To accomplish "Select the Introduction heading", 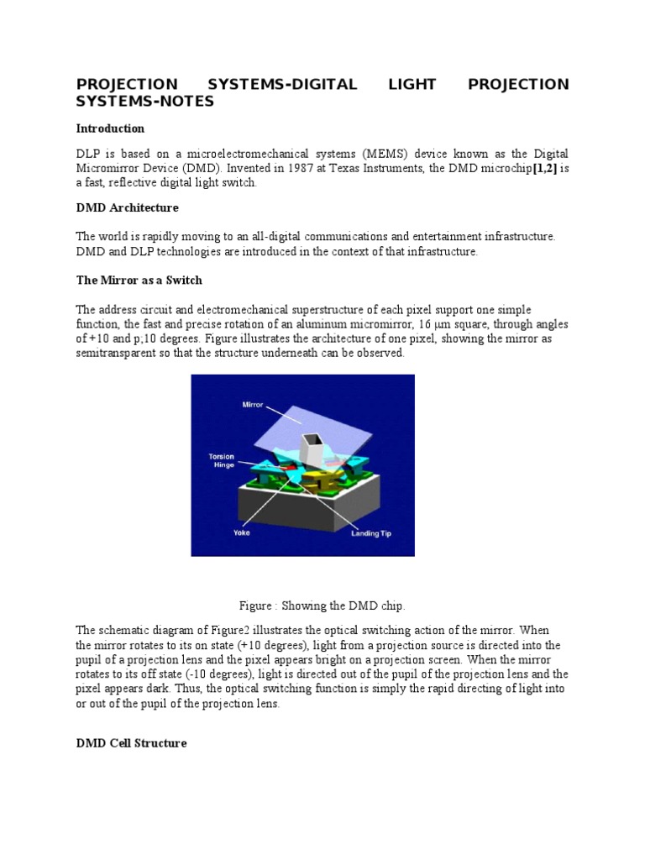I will [110, 128].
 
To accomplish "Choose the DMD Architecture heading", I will [127, 207].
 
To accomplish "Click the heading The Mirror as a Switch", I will [139, 280].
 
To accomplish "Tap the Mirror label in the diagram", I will [253, 405].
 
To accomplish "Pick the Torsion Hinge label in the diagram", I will [222, 461].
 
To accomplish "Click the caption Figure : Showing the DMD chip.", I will [322, 606].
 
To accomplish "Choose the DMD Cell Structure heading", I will [131, 743].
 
